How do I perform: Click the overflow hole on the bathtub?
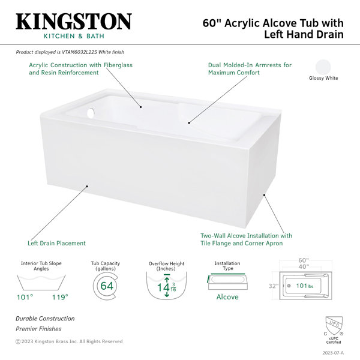click(90, 112)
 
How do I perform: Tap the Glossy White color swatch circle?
click(323, 66)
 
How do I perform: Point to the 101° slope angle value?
click(25, 297)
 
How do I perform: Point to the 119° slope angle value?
click(59, 297)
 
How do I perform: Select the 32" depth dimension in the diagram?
click(274, 286)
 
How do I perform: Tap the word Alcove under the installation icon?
click(227, 297)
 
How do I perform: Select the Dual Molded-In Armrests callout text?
click(250, 68)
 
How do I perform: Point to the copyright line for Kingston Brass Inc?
click(69, 341)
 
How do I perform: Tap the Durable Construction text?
click(45, 319)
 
